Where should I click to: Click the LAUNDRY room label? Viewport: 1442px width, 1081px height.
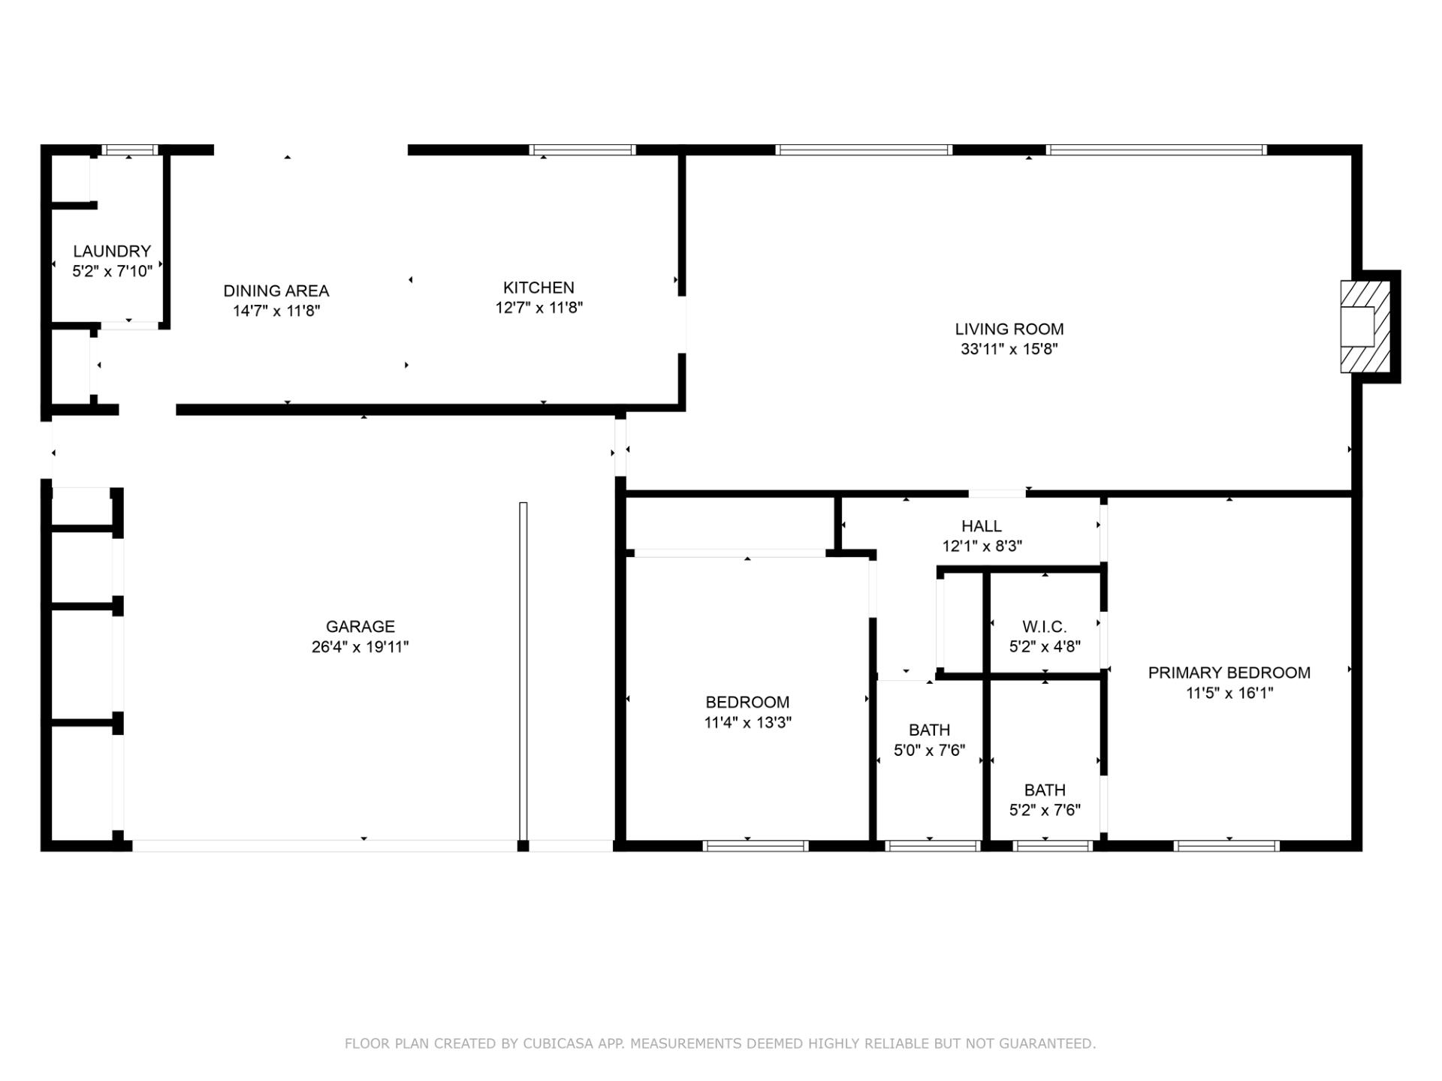112,251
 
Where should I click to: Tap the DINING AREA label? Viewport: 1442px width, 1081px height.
276,291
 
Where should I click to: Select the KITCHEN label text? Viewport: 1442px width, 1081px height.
538,288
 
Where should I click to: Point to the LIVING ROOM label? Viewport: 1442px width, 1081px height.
1009,329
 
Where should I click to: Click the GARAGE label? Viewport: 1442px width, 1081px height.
360,626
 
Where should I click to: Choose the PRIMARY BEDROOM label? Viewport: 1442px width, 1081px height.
1229,673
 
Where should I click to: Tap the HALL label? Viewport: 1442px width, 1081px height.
982,526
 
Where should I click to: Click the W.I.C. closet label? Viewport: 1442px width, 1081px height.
1044,627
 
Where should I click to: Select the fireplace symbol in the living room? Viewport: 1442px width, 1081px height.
1365,327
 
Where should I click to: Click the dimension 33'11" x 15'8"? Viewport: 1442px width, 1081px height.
1009,349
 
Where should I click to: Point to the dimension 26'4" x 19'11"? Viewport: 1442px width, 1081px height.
360,647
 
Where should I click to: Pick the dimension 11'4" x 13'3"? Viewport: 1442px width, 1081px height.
747,723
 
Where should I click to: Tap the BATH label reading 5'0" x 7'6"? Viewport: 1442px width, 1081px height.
929,730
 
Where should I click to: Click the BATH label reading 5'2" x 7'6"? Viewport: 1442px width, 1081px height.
1045,790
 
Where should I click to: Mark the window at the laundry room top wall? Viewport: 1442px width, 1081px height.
130,150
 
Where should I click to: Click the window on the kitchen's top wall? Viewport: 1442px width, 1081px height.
582,150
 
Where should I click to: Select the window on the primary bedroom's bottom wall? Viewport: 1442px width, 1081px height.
1226,846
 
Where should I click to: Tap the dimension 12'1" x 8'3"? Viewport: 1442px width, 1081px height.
982,547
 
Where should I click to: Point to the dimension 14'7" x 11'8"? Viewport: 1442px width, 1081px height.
276,311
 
